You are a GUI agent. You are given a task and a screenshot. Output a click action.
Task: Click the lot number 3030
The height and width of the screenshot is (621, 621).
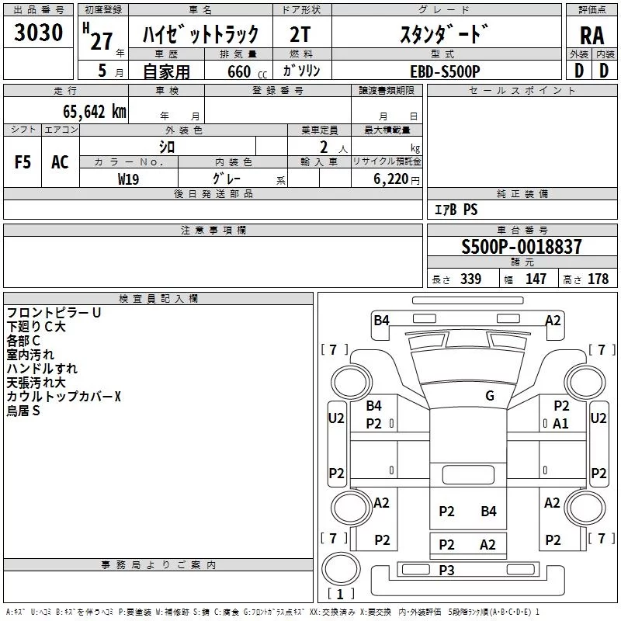(38, 32)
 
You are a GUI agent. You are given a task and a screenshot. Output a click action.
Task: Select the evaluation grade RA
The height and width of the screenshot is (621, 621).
(592, 36)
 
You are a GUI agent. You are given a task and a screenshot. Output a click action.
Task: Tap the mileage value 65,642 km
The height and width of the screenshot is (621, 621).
(95, 112)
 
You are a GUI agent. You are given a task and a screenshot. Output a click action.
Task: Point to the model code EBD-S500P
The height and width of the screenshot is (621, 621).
(445, 71)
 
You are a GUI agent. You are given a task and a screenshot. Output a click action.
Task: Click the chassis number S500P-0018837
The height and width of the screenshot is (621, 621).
(521, 247)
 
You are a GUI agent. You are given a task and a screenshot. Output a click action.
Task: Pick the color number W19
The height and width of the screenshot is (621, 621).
(128, 179)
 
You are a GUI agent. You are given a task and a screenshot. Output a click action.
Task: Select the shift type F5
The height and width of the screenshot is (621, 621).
(23, 162)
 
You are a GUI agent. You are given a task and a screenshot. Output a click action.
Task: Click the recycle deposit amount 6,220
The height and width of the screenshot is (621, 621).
(390, 179)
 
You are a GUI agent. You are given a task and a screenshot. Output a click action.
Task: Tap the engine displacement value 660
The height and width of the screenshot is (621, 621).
(239, 71)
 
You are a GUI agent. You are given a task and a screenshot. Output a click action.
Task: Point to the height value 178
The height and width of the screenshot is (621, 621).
(598, 279)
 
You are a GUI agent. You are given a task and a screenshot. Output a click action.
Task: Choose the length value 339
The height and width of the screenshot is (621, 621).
(470, 279)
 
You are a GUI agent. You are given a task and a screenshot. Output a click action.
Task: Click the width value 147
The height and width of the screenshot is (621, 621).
(536, 279)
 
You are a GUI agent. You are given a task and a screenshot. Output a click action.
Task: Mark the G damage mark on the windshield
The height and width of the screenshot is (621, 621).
(490, 396)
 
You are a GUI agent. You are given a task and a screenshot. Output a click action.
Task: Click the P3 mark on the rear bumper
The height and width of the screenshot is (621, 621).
(446, 571)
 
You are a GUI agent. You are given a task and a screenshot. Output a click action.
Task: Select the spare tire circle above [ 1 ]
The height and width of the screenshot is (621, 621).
(341, 568)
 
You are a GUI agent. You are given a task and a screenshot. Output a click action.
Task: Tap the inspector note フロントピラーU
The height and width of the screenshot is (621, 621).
(54, 313)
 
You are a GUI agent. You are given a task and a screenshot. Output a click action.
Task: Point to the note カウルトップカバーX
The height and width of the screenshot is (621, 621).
(64, 397)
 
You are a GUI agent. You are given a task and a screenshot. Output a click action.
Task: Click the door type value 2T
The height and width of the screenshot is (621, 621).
(300, 35)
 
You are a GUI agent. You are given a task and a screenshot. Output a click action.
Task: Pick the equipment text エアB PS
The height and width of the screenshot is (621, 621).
(456, 210)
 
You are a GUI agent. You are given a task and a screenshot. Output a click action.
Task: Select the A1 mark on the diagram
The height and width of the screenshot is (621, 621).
(560, 424)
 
